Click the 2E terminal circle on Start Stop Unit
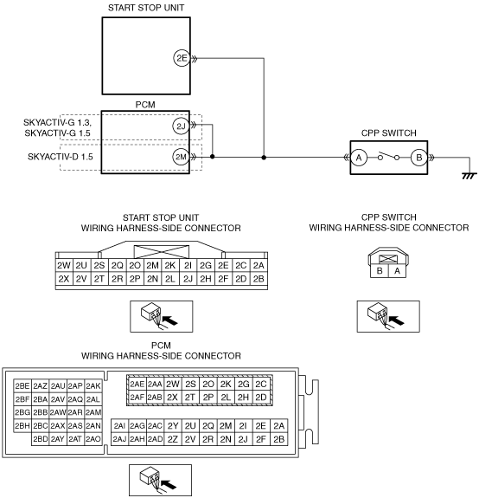point(182,58)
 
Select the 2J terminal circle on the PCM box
point(181,126)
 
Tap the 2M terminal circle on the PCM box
point(181,157)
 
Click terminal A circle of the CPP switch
point(359,158)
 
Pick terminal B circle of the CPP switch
point(418,158)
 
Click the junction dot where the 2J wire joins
point(213,157)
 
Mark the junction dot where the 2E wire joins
point(264,158)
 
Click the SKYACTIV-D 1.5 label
point(61,157)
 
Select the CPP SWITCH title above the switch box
point(389,133)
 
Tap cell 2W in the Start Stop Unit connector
point(64,265)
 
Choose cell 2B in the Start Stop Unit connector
point(259,279)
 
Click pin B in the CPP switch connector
point(380,271)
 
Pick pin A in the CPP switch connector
point(397,271)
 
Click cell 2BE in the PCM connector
point(22,386)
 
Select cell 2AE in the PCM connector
point(137,384)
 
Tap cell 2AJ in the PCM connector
point(120,439)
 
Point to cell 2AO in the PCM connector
point(93,439)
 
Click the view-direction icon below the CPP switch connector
point(388,316)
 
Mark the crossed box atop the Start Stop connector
point(162,252)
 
